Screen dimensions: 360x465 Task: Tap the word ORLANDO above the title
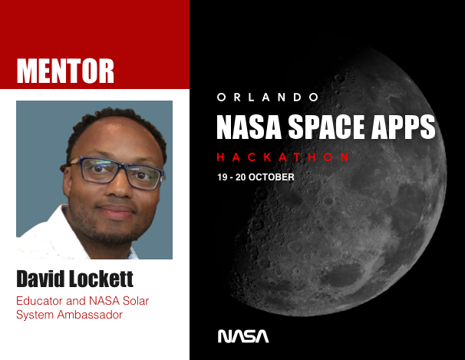pyautogui.click(x=268, y=97)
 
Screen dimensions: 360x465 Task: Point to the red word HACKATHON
pyautogui.click(x=284, y=157)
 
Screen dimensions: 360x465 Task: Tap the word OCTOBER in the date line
pyautogui.click(x=270, y=177)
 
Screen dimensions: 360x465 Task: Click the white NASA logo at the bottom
pyautogui.click(x=243, y=336)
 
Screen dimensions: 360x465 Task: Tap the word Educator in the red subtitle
pyautogui.click(x=39, y=301)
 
